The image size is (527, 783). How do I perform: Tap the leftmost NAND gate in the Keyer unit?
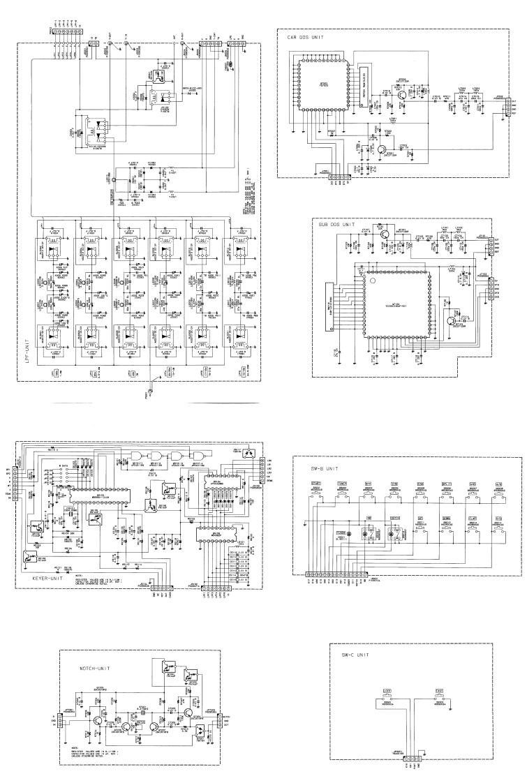coord(137,454)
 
